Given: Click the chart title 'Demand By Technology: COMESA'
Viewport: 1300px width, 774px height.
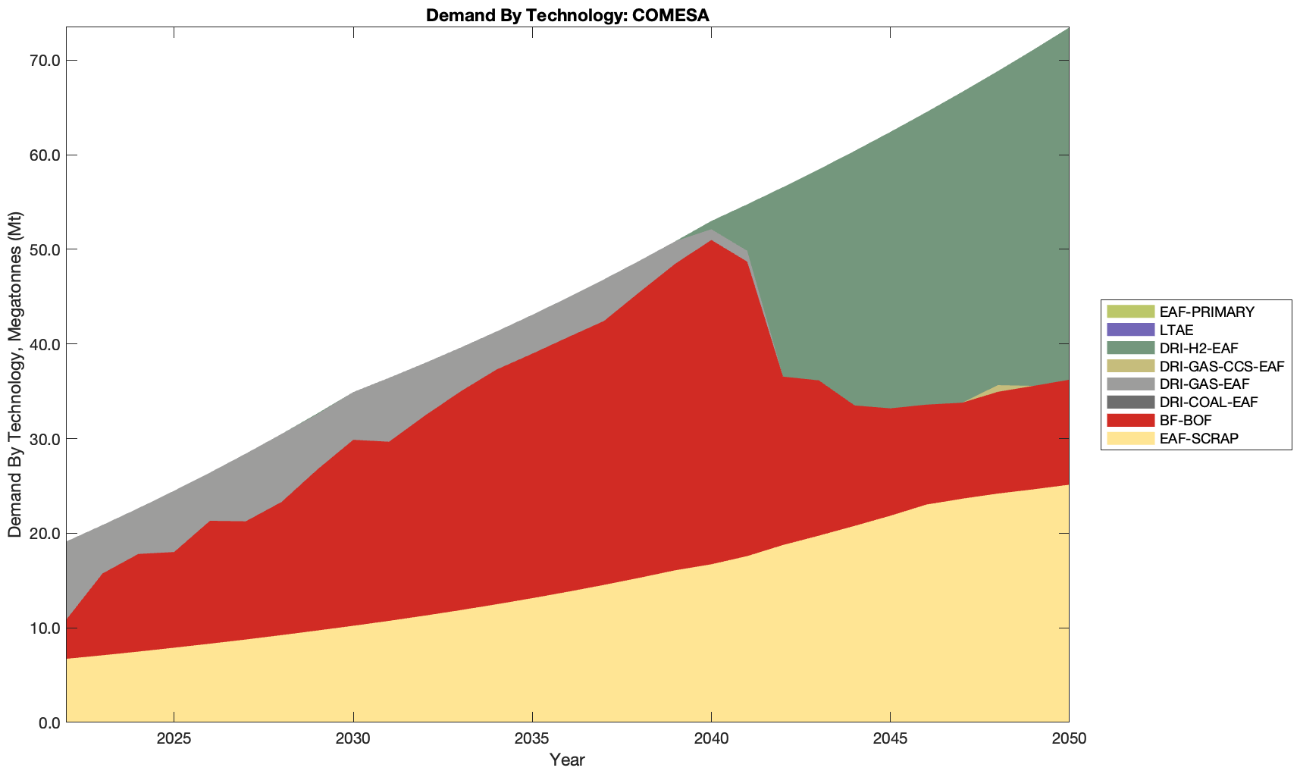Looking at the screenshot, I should tap(567, 15).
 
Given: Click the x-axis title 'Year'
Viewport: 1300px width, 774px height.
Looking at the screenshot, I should tap(567, 760).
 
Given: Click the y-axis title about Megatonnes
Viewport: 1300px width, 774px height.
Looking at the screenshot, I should tap(14, 374).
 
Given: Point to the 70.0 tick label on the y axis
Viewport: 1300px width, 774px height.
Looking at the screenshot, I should tap(45, 61).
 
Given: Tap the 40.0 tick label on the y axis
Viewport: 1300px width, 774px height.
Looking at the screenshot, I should tap(45, 344).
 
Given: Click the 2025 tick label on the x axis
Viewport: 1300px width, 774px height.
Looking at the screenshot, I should tap(174, 739).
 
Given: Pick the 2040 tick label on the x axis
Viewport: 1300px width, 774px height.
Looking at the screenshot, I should tap(711, 739).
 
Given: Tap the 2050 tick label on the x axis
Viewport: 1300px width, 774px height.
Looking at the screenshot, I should tap(1069, 739).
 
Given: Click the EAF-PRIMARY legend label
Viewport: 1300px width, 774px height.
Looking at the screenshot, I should tap(1207, 312).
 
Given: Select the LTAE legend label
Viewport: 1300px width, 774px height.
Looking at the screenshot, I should tap(1176, 330).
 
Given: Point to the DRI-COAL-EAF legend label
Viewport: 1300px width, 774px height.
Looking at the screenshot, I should tap(1208, 402).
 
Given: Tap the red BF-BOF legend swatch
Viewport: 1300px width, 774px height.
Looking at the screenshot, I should tap(1129, 420).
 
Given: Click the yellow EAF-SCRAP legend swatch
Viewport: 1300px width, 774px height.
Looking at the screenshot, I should tap(1129, 438).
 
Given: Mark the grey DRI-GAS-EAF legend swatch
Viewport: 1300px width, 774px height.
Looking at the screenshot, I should tap(1129, 384).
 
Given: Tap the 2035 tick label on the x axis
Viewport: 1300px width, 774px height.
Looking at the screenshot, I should tap(532, 739).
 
